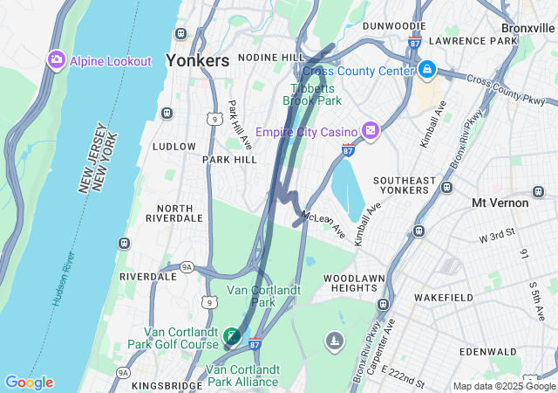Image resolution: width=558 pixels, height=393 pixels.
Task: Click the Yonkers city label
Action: pyautogui.click(x=197, y=61)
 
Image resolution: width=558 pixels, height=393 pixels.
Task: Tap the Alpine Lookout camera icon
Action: pyautogui.click(x=57, y=59)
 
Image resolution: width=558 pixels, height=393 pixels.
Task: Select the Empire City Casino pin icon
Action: pyautogui.click(x=371, y=130)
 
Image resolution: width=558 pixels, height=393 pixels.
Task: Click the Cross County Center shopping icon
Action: pyautogui.click(x=426, y=69)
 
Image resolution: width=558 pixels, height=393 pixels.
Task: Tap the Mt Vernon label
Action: pyautogui.click(x=500, y=203)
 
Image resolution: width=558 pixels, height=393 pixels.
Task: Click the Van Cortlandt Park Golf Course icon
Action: pyautogui.click(x=231, y=335)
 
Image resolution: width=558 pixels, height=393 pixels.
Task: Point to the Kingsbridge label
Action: pyautogui.click(x=167, y=384)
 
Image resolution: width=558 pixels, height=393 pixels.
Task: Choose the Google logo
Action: pyautogui.click(x=29, y=383)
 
